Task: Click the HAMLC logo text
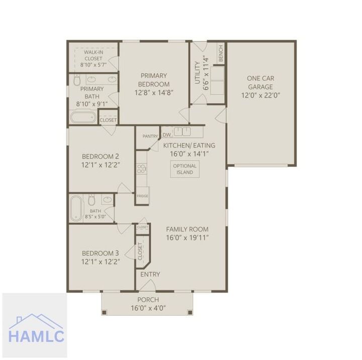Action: [x=36, y=336]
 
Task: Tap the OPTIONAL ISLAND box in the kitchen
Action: [x=185, y=169]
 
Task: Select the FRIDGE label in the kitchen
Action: [x=142, y=196]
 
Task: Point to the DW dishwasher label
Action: [x=167, y=135]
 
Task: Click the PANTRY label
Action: [x=150, y=136]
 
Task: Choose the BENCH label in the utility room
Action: [x=221, y=54]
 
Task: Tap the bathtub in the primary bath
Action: [x=83, y=117]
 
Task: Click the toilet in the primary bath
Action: [x=76, y=80]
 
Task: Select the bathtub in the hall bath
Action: [x=76, y=208]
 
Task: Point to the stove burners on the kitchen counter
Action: [x=141, y=169]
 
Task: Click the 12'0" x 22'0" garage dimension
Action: [x=260, y=95]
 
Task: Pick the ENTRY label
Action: [x=150, y=274]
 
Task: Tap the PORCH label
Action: [x=148, y=300]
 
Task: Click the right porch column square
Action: [x=190, y=312]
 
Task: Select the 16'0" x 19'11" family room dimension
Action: [x=188, y=237]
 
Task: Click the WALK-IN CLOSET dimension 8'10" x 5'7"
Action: [x=94, y=65]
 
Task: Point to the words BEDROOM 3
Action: [x=101, y=253]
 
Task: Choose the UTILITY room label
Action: [x=198, y=73]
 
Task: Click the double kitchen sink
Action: [x=183, y=132]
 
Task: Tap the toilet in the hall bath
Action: [x=92, y=200]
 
